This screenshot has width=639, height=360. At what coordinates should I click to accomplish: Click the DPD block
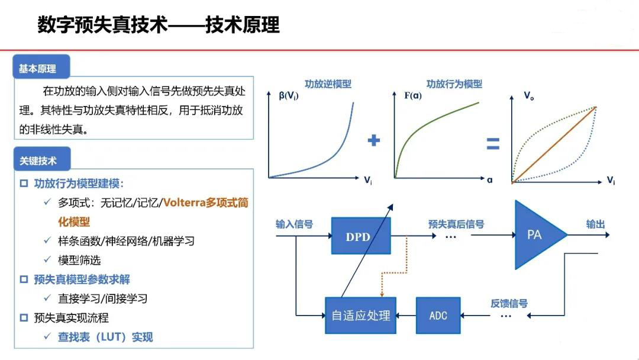pos(358,237)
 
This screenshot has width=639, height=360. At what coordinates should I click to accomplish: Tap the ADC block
pos(438,316)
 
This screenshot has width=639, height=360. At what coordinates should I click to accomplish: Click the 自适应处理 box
pos(361,316)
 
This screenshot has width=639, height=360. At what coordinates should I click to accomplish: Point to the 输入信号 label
pos(294,224)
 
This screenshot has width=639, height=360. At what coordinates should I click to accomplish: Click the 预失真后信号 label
pos(456,224)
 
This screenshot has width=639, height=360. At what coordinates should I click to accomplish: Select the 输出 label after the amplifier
pos(595,224)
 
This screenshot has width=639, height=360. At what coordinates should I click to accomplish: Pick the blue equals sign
pos(493,144)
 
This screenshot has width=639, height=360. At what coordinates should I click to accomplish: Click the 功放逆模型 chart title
pos(328,84)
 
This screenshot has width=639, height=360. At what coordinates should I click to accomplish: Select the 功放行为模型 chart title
pos(454,84)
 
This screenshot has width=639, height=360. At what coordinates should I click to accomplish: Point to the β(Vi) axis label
pos(289,96)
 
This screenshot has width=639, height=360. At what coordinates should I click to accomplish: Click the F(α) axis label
pos(413,95)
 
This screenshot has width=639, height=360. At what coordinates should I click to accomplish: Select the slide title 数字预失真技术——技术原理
pos(158,25)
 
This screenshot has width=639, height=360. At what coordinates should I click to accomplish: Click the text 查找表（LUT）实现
pos(105,337)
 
